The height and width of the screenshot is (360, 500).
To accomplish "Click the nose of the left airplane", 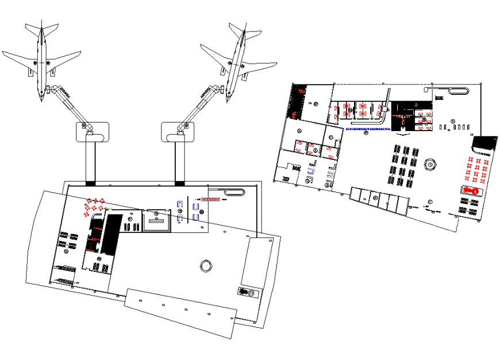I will click(43, 99).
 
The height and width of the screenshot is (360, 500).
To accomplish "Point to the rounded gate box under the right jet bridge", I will click(179, 132).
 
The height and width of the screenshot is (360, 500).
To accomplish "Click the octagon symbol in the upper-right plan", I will click(429, 164).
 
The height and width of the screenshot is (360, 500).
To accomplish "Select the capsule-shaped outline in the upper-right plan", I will click(458, 91).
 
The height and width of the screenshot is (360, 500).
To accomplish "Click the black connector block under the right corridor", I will click(180, 183).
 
